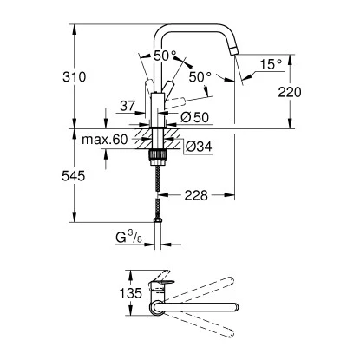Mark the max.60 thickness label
pyautogui.click(x=106, y=139)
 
